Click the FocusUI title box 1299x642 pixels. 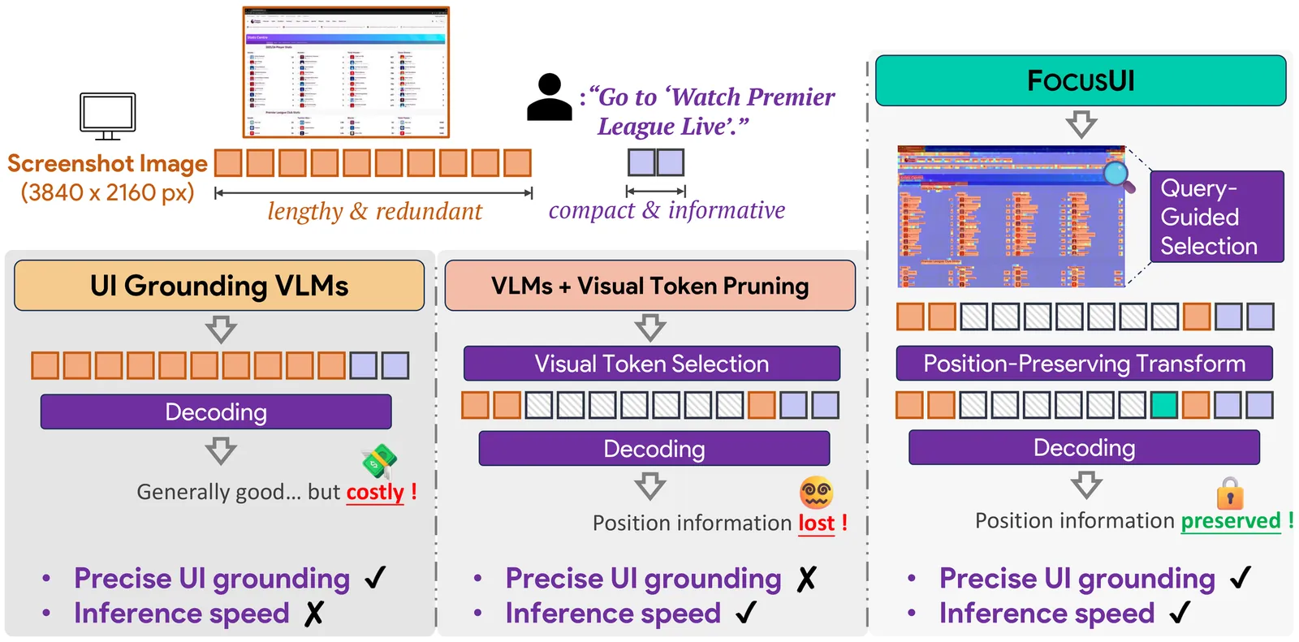point(1080,80)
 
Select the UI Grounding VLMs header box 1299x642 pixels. point(219,286)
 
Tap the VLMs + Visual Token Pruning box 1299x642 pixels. point(649,286)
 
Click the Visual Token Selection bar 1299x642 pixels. point(651,364)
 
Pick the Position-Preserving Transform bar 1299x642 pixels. point(1084,364)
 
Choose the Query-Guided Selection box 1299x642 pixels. point(1216,217)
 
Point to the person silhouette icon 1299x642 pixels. point(550,97)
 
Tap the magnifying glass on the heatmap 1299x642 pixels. point(1119,175)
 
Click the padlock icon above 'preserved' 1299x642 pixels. point(1230,493)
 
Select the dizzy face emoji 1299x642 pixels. point(816,492)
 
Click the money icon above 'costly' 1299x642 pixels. point(379,462)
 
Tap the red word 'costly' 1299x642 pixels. point(375,492)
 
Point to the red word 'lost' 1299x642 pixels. point(816,523)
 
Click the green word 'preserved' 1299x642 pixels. point(1230,520)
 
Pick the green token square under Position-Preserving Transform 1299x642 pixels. point(1163,405)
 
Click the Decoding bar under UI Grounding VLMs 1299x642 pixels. point(216,412)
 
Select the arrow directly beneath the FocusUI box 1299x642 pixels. point(1081,124)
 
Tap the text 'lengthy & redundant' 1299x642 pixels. point(374,211)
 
